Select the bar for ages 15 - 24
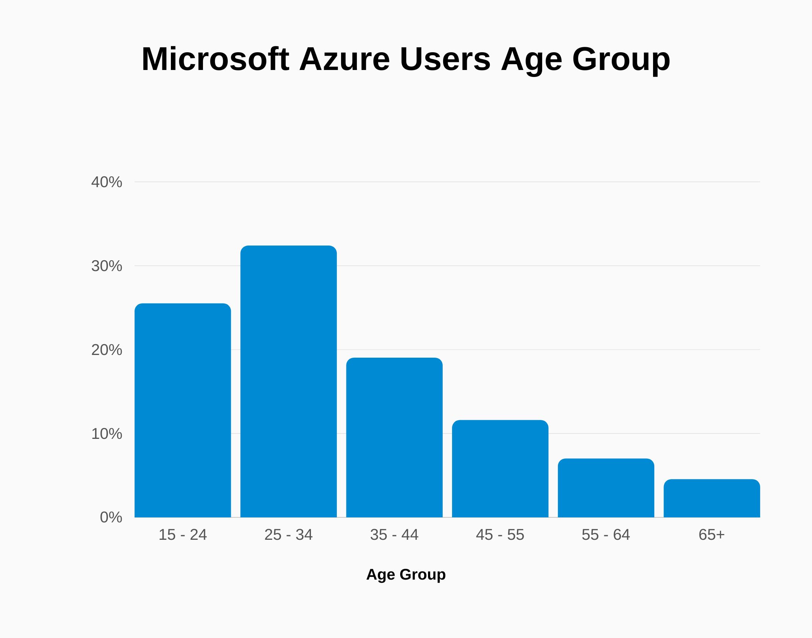(x=183, y=410)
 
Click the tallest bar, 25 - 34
(x=288, y=381)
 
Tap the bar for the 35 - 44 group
(x=394, y=437)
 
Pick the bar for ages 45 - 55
(x=500, y=468)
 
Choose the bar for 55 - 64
(x=606, y=488)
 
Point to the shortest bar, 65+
(x=712, y=498)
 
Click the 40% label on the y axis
(x=107, y=182)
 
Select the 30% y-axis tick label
(x=107, y=266)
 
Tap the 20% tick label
(x=107, y=350)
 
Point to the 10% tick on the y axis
(x=107, y=434)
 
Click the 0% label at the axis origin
(x=111, y=517)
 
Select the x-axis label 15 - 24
(x=183, y=535)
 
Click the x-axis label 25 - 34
(x=288, y=535)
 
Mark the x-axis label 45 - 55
(x=500, y=535)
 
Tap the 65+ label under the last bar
(x=711, y=535)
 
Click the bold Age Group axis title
(x=406, y=575)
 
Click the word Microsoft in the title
(x=215, y=59)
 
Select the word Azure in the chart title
(x=345, y=59)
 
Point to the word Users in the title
(x=445, y=59)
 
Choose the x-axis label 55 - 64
(x=606, y=535)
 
